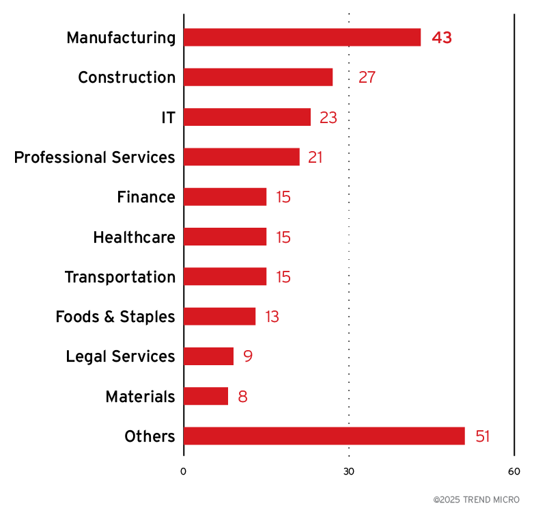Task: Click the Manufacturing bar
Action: (x=302, y=38)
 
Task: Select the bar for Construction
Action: (x=258, y=77)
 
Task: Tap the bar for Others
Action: (x=324, y=436)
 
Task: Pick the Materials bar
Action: (x=206, y=397)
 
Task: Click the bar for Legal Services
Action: (x=208, y=356)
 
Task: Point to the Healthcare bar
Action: (x=225, y=237)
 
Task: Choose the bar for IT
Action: (x=247, y=117)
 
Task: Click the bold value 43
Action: (x=442, y=38)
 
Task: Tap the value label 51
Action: (x=483, y=436)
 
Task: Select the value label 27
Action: (x=367, y=77)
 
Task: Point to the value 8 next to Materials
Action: (x=242, y=397)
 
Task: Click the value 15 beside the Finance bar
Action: (x=283, y=198)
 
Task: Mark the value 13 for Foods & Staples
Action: (x=272, y=317)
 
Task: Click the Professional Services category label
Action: (x=94, y=157)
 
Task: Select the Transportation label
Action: (x=120, y=277)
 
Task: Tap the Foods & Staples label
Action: (x=115, y=317)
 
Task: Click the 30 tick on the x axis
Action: (x=349, y=471)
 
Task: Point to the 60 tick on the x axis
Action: (x=514, y=471)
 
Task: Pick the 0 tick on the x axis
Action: (x=183, y=471)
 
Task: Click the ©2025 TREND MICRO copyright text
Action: (x=477, y=500)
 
